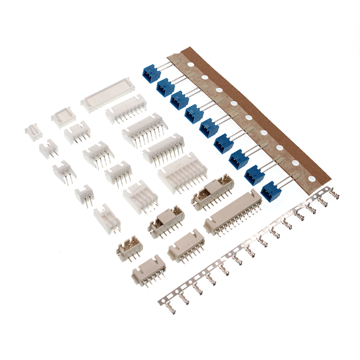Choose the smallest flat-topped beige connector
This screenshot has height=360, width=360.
coord(148,270)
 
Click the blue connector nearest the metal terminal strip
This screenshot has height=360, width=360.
coord(270,191)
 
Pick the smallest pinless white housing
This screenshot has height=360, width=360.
coord(33,131)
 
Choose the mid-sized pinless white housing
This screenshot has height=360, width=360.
coord(63,117)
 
